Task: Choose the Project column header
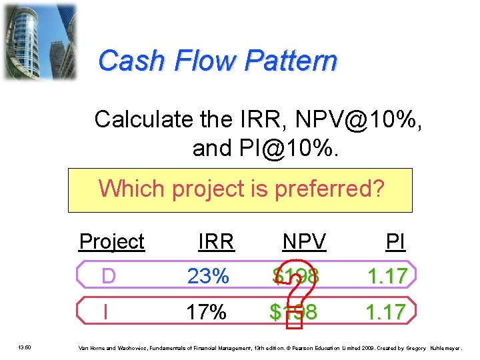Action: [x=111, y=241]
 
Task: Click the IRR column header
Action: [x=216, y=241]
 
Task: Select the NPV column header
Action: [x=305, y=241]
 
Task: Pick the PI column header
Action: [x=395, y=241]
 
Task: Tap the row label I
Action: [x=105, y=311]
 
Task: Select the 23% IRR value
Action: [x=208, y=276]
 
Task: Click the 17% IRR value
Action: [x=207, y=311]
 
